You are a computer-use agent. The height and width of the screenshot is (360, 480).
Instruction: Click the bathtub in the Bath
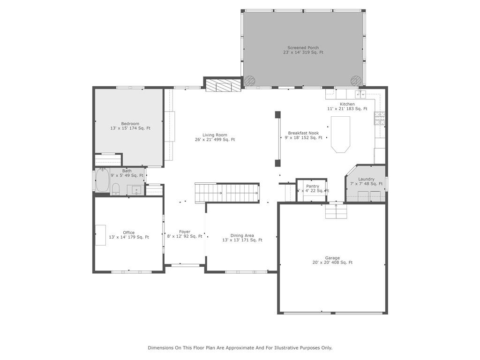(102, 180)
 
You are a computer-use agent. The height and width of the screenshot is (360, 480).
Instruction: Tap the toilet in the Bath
(115, 189)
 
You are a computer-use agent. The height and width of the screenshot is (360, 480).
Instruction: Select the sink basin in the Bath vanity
(135, 190)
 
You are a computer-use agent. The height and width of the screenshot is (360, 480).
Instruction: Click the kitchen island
(340, 134)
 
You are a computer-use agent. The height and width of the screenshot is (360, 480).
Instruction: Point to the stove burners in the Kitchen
(379, 118)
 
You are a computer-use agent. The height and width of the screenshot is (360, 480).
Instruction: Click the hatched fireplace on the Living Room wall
(223, 85)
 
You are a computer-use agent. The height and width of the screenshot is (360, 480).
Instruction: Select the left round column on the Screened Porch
(250, 81)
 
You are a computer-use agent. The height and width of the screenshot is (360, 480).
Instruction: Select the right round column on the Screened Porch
(356, 81)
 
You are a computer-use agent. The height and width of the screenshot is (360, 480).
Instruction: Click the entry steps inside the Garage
(337, 212)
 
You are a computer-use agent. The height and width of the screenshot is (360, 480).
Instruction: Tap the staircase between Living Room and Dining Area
(227, 193)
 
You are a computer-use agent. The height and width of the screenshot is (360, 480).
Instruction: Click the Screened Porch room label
(303, 48)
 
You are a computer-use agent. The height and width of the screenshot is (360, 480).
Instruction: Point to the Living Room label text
(215, 135)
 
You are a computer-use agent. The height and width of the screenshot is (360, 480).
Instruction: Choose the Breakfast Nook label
(303, 133)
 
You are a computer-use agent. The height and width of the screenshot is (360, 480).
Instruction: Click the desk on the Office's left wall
(100, 235)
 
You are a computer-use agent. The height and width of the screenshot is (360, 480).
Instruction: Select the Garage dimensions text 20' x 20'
(323, 262)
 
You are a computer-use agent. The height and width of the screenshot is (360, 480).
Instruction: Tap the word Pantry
(313, 186)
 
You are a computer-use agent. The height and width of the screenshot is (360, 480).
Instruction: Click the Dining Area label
(242, 235)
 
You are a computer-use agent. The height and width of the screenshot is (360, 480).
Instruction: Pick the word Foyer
(185, 232)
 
